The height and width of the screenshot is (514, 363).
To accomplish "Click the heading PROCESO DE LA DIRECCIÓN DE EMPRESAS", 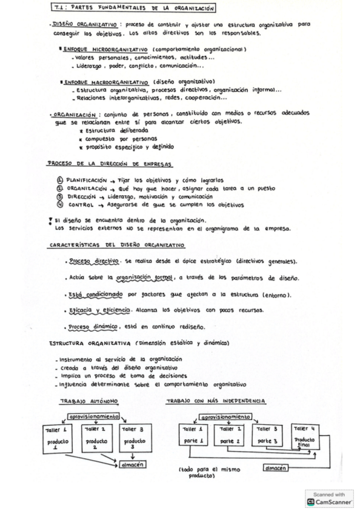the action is click(110, 164).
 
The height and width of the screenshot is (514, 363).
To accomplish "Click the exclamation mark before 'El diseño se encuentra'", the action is click(50, 221).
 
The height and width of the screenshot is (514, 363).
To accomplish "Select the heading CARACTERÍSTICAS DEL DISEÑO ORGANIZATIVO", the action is click(117, 245).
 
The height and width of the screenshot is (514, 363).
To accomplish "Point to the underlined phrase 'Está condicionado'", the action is click(96, 295).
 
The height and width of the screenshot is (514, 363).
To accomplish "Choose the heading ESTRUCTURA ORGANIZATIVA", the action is click(91, 343).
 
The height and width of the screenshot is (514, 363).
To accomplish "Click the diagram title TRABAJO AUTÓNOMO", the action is click(89, 401).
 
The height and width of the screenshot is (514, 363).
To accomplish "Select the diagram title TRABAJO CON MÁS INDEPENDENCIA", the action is click(216, 401).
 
